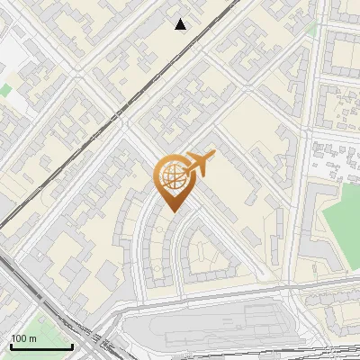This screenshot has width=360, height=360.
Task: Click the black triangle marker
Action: pyautogui.click(x=181, y=24)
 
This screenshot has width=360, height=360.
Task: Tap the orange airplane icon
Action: pyautogui.click(x=198, y=165)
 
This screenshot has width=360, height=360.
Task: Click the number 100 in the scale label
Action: pyautogui.click(x=19, y=338)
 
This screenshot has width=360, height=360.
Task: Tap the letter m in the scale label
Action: pyautogui.click(x=32, y=338)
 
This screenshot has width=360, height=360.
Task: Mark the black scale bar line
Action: pyautogui.click(x=40, y=346)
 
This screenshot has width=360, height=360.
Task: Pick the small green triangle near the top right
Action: pyautogui.click(x=312, y=29)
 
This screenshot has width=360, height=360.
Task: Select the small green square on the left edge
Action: pyautogui.click(x=4, y=90)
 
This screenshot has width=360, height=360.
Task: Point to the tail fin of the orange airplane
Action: pyautogui.click(x=185, y=161)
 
